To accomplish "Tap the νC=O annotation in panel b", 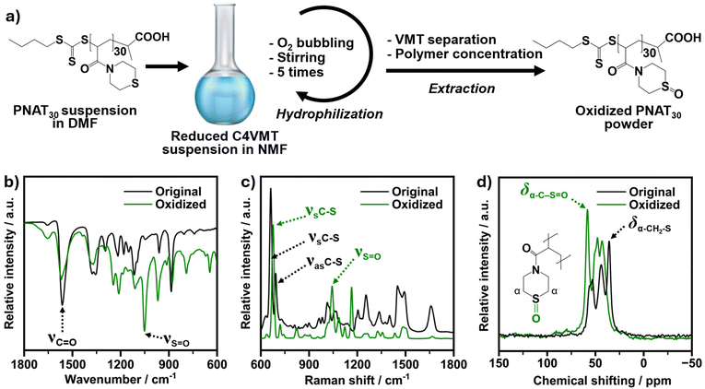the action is coord(63,340).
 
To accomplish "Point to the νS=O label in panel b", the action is coord(175,340).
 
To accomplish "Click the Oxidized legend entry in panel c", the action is coord(417,205).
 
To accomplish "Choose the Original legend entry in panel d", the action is coord(652,193).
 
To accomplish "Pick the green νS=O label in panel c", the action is coord(368,253).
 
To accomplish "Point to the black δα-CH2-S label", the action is coord(649,225).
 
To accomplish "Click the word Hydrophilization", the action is coord(330,114).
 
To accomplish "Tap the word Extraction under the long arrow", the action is coord(462,88).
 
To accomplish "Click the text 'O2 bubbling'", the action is coord(311,43).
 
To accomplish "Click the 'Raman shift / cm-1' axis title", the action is coord(358,380).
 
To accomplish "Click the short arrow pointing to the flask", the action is coord(166,67).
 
